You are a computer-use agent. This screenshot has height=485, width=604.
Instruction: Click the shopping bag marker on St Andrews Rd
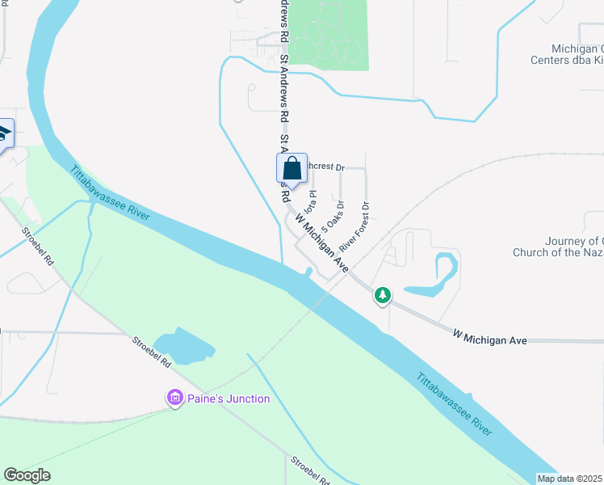[292, 169]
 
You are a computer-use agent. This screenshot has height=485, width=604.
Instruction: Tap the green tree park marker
[383, 296]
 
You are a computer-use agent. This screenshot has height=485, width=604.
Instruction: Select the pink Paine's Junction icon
[174, 398]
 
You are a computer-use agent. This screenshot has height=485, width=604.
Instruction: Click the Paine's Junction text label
[229, 399]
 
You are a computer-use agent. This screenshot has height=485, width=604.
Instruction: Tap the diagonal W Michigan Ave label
[321, 241]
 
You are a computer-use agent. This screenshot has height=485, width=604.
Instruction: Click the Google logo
[27, 475]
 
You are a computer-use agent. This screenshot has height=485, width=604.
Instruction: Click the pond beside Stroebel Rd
[185, 346]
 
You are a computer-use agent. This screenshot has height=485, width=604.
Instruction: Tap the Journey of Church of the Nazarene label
[557, 247]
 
